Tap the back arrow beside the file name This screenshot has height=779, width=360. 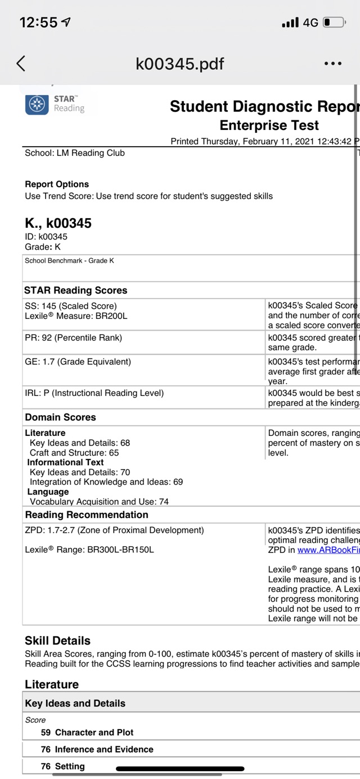(x=21, y=64)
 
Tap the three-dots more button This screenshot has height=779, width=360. (x=333, y=64)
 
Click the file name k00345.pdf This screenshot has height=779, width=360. (x=180, y=64)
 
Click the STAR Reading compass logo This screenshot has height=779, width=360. (x=37, y=104)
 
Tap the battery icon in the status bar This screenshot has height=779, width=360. (x=334, y=22)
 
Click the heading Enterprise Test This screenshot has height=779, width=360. (x=269, y=125)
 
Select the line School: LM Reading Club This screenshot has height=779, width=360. (x=75, y=153)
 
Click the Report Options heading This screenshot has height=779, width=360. (x=57, y=184)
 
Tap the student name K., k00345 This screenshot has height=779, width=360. (x=58, y=223)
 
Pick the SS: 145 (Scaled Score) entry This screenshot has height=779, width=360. (x=71, y=306)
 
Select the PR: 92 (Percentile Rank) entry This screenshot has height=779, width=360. (x=73, y=338)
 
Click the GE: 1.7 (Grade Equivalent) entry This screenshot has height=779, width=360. (x=78, y=362)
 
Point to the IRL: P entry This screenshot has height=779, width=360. (x=94, y=393)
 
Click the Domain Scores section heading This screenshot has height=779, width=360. (x=60, y=417)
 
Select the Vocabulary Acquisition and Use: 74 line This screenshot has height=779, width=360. (x=99, y=502)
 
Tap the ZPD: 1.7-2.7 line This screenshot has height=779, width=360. (x=114, y=530)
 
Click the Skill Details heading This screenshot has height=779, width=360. (x=57, y=641)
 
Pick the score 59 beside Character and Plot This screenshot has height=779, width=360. (x=46, y=732)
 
